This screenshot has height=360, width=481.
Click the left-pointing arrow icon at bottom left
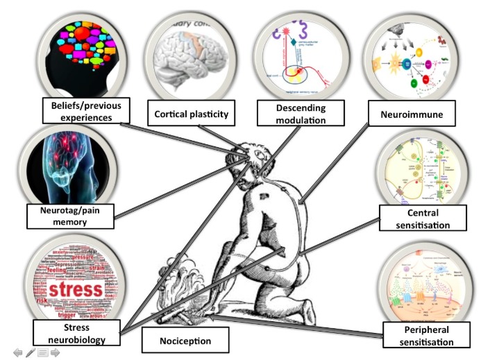coord(18,353)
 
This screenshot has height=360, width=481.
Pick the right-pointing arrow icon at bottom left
coord(54,353)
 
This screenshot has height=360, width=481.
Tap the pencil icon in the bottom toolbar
coord(31,353)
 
